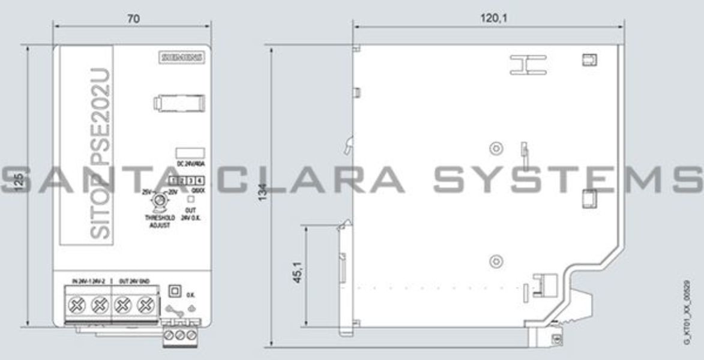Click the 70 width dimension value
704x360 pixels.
(133, 19)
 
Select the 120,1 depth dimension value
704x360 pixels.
(493, 19)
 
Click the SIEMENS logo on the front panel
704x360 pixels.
(182, 58)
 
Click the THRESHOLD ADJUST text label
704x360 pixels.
(160, 221)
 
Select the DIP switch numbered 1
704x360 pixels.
(173, 181)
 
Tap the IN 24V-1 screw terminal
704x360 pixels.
(77, 305)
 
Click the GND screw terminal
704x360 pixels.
(144, 305)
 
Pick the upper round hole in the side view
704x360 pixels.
(495, 148)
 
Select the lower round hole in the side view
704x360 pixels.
(495, 260)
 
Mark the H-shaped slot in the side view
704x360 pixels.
(528, 65)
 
